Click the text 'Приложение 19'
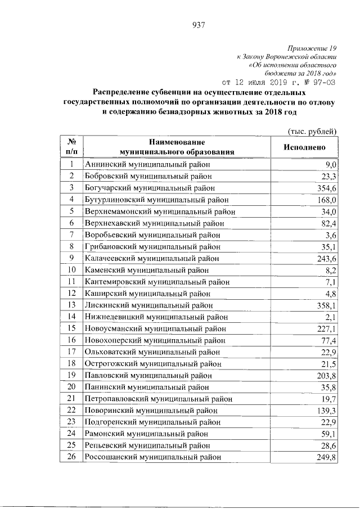[311, 49]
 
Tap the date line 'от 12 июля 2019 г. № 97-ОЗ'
[280, 81]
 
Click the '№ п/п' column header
[72, 147]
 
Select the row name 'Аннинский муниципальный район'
[147, 164]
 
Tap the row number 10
[72, 270]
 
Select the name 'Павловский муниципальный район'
[148, 375]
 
